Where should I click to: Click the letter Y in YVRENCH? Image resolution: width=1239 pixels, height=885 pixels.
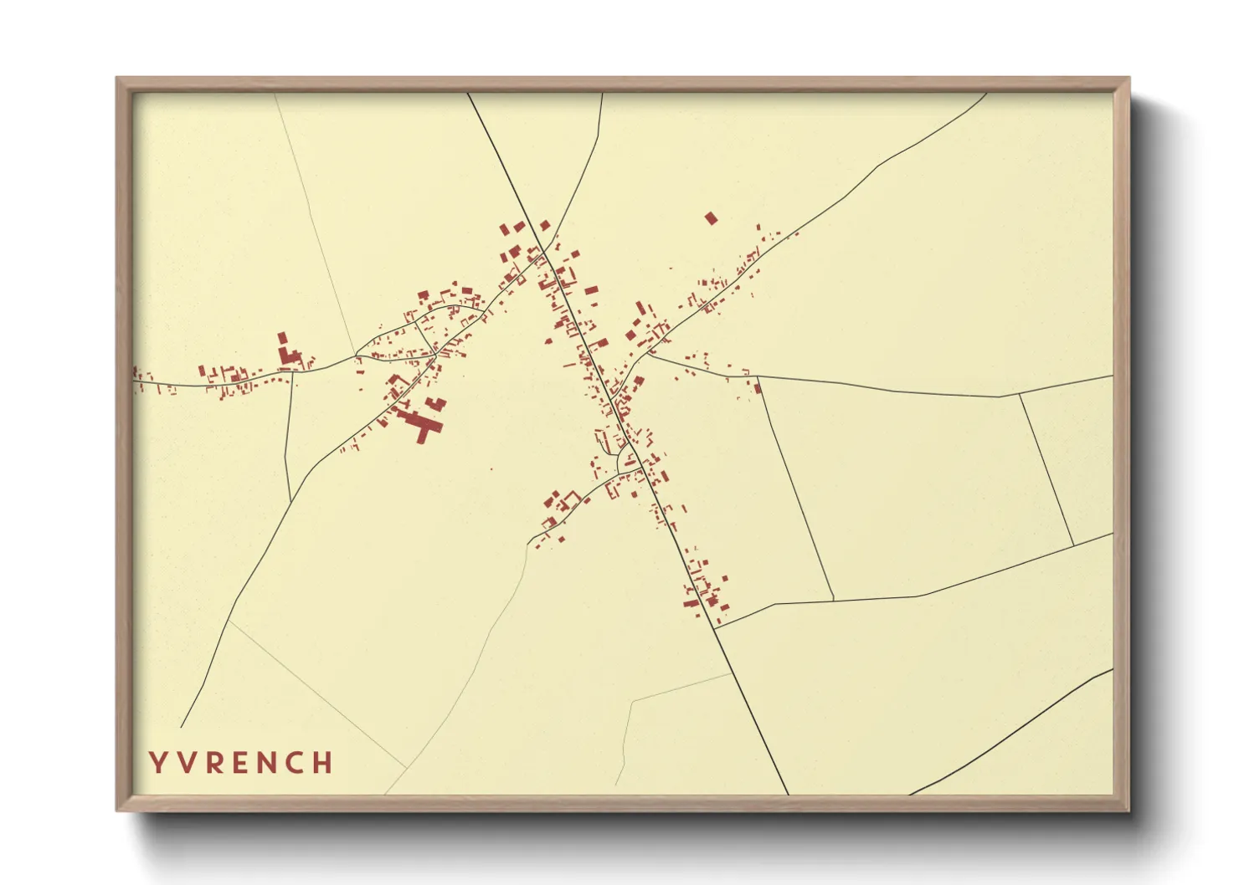click(157, 763)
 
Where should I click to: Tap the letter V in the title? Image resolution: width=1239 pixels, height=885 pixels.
click(185, 763)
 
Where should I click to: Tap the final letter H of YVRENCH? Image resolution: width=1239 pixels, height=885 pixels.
click(323, 763)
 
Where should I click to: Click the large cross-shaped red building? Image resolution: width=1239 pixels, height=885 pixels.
click(424, 427)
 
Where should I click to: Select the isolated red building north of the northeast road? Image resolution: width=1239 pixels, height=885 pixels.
click(711, 218)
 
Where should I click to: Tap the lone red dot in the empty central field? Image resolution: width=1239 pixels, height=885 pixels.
click(491, 468)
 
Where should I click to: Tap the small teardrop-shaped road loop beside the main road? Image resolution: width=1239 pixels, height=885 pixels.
click(625, 459)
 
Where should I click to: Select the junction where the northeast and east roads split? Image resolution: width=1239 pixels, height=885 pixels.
click(649, 356)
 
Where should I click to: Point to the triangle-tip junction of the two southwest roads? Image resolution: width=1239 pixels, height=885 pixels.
click(357, 352)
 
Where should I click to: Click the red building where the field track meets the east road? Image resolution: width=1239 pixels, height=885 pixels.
click(758, 386)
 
